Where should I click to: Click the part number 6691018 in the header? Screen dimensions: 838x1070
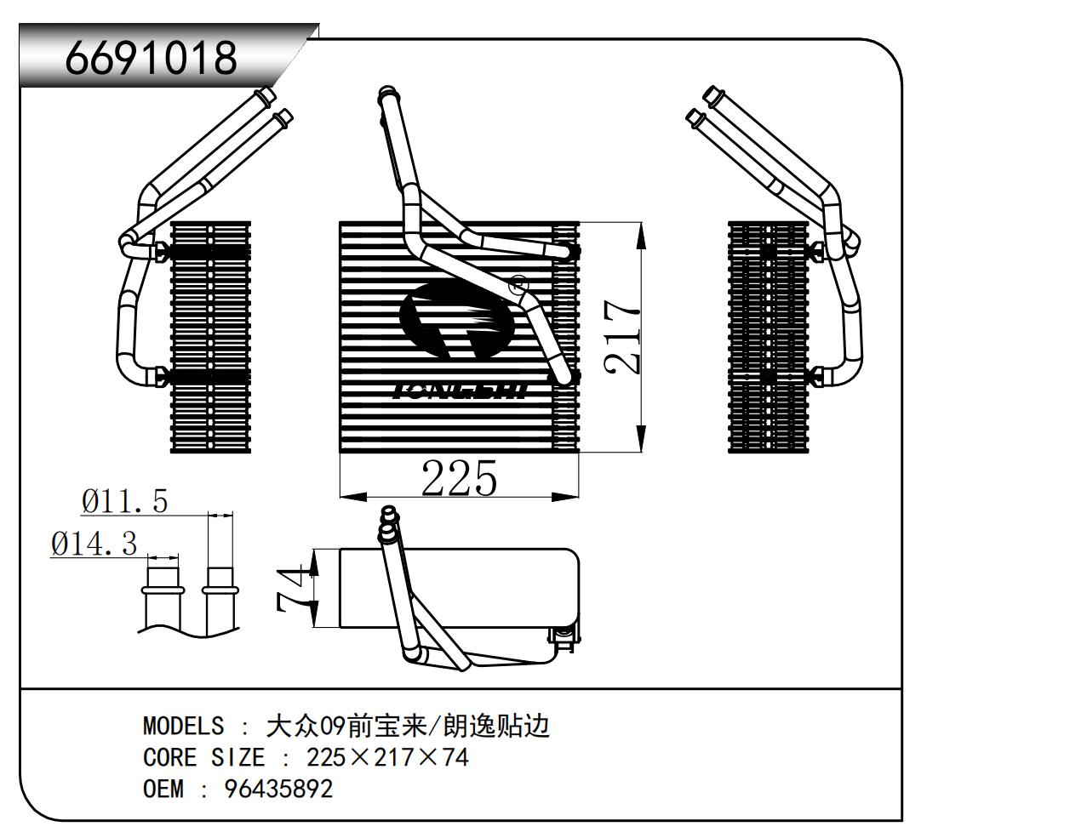point(152,59)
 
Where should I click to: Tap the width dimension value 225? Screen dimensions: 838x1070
point(459,478)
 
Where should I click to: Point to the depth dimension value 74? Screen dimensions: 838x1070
point(292,589)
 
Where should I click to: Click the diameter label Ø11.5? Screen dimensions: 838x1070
point(125,501)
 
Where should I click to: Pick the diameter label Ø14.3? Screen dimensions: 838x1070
point(94,543)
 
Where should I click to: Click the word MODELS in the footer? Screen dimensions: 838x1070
point(183,726)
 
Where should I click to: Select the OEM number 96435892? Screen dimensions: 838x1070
point(278,789)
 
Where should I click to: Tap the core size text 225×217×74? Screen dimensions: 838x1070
point(387,757)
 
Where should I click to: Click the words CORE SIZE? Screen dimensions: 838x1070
point(203,757)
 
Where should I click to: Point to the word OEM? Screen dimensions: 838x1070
point(163,789)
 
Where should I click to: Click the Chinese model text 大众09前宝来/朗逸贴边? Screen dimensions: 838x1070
point(408,726)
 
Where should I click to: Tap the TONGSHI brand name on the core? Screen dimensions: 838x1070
point(460,390)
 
